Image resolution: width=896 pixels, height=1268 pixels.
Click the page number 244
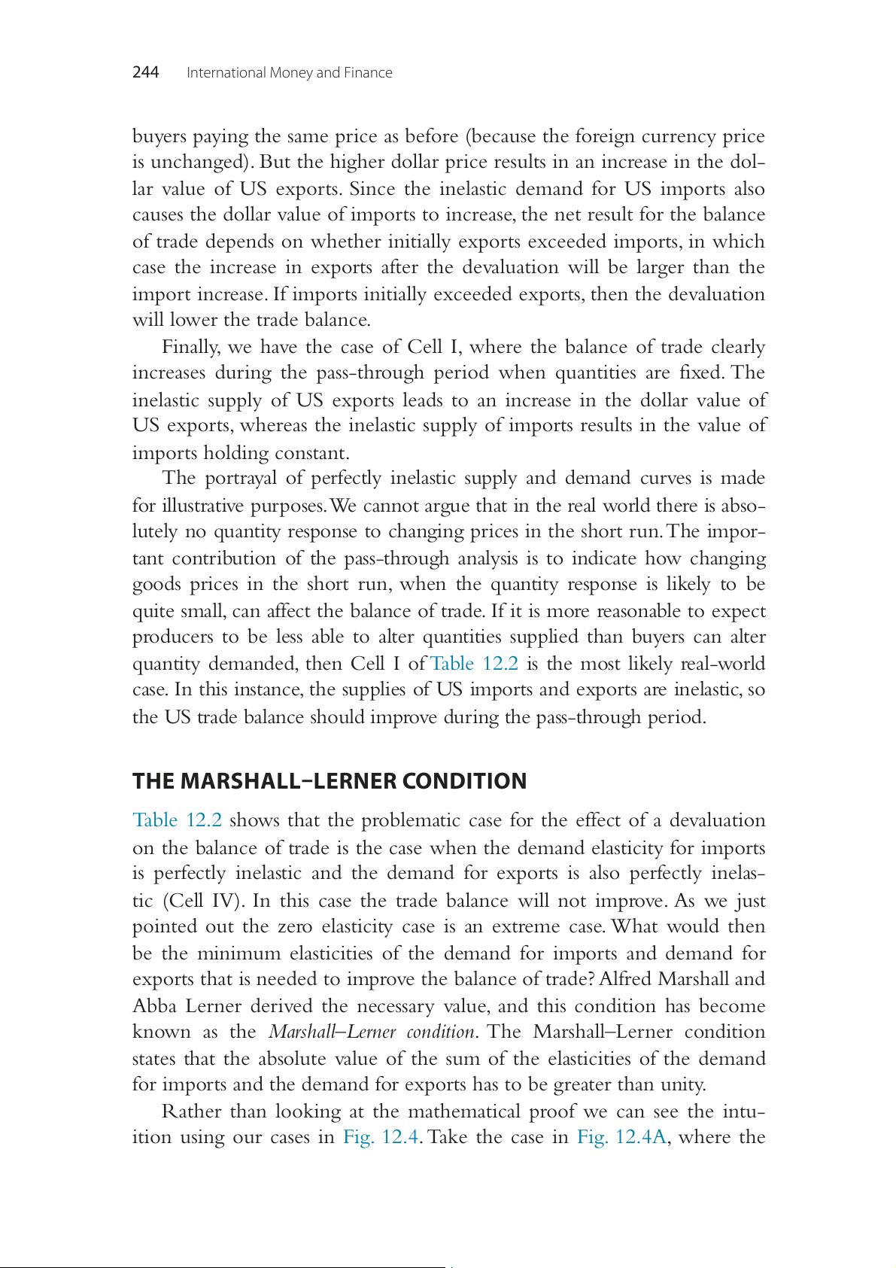pos(145,72)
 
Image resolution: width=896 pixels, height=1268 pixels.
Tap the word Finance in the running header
pos(368,73)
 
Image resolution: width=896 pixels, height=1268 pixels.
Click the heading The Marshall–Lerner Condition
pos(330,781)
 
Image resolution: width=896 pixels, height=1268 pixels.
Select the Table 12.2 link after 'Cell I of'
pos(474,664)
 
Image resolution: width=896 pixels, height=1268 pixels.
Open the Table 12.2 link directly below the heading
pos(177,820)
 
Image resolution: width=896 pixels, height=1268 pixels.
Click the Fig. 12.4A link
pos(621,1137)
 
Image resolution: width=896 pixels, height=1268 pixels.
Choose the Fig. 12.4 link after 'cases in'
pos(381,1137)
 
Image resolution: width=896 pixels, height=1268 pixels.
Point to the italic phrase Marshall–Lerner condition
pos(372,1032)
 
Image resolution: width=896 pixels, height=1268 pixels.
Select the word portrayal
pos(252,479)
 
